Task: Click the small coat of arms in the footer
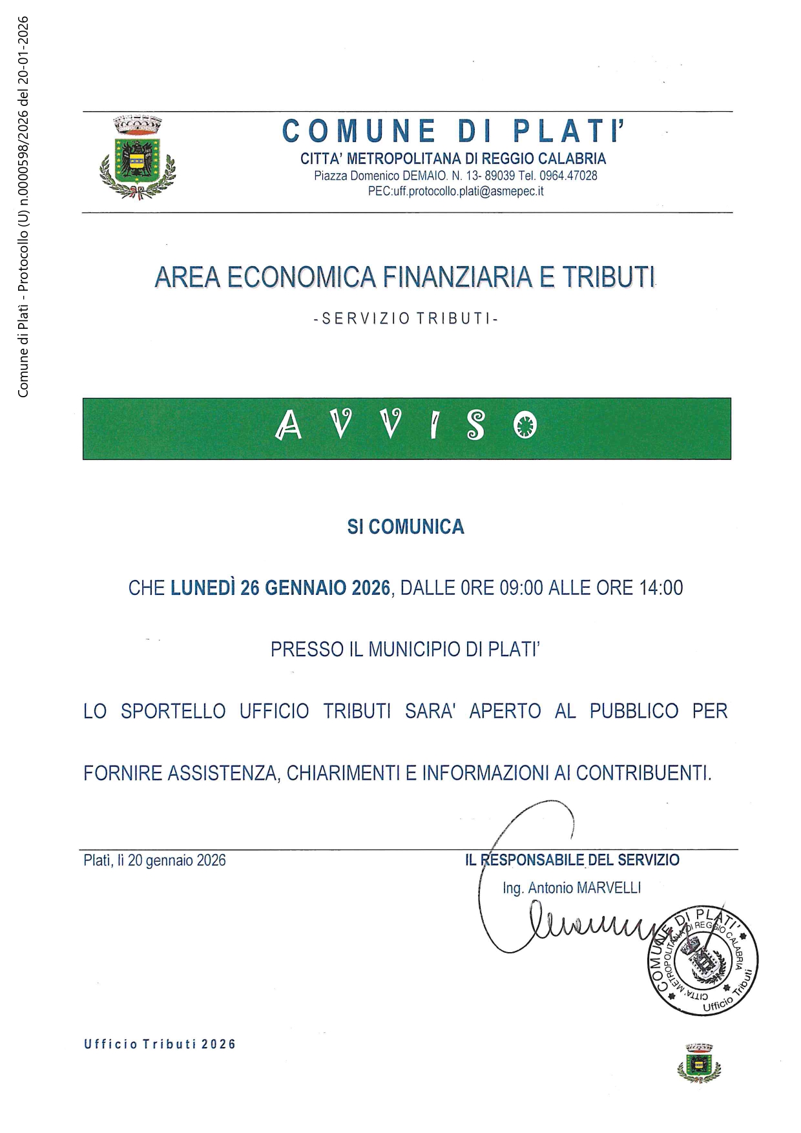(699, 1063)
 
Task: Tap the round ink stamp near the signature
(702, 960)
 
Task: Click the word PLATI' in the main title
(570, 132)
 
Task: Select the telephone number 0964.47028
(568, 176)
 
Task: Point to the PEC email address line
(455, 191)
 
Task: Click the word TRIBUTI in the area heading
(609, 277)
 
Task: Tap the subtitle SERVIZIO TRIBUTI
(406, 318)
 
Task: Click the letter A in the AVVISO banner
(289, 426)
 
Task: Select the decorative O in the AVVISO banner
(525, 426)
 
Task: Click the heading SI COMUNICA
(406, 527)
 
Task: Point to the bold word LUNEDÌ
(202, 588)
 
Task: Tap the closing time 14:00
(660, 588)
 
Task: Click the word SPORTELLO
(173, 711)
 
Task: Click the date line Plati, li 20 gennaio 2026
(155, 860)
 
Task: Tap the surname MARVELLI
(609, 888)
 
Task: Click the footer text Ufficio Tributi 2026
(160, 1045)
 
